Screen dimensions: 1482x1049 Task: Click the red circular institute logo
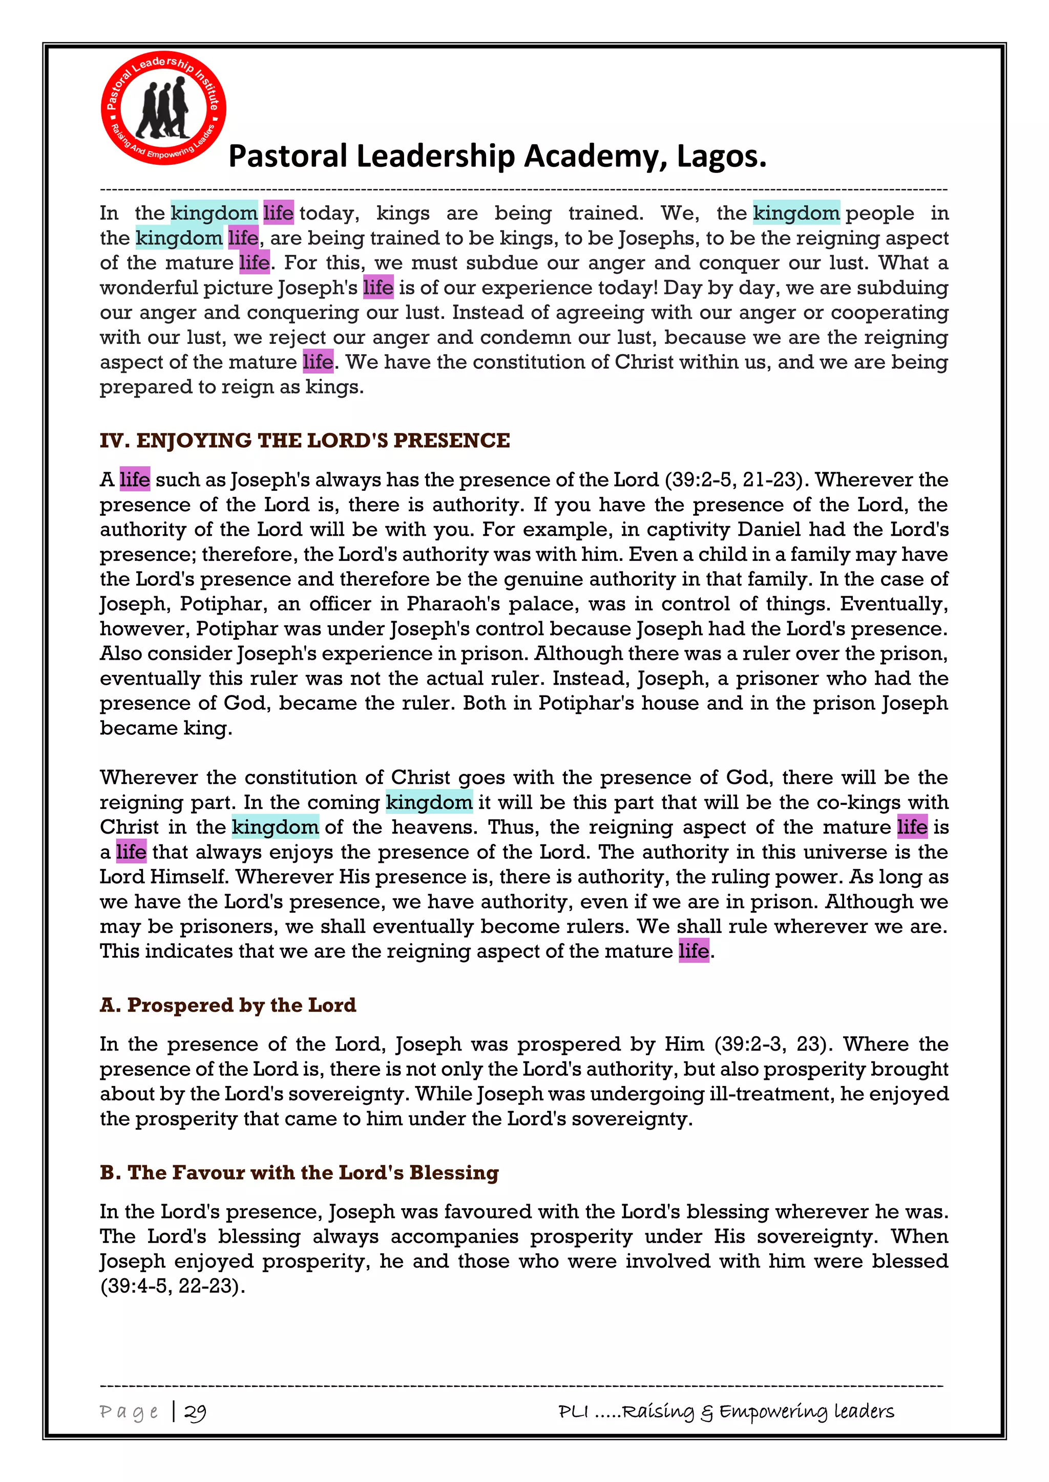pos(163,108)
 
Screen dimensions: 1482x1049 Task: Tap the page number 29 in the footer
pos(195,1412)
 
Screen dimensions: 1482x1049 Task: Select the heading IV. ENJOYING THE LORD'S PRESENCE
pos(304,440)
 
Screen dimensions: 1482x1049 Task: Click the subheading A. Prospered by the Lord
pos(228,1005)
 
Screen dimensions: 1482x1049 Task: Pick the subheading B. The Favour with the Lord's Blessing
pos(299,1172)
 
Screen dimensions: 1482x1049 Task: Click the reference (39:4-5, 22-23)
pos(173,1286)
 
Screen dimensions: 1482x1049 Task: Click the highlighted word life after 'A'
pos(134,480)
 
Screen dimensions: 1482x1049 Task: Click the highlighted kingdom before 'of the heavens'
pos(275,827)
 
